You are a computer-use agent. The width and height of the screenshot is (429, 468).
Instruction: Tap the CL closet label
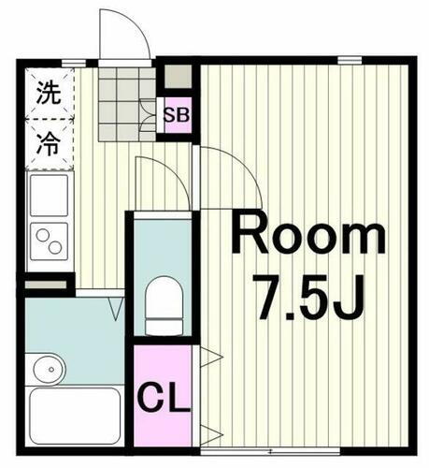tap(164, 398)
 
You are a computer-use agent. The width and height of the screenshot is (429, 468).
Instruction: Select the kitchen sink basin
tap(47, 195)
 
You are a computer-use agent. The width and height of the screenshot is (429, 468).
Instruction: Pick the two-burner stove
tap(47, 241)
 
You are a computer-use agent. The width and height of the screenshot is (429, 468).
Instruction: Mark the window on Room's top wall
tap(350, 60)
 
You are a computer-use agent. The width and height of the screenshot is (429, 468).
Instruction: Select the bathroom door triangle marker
tap(118, 305)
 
